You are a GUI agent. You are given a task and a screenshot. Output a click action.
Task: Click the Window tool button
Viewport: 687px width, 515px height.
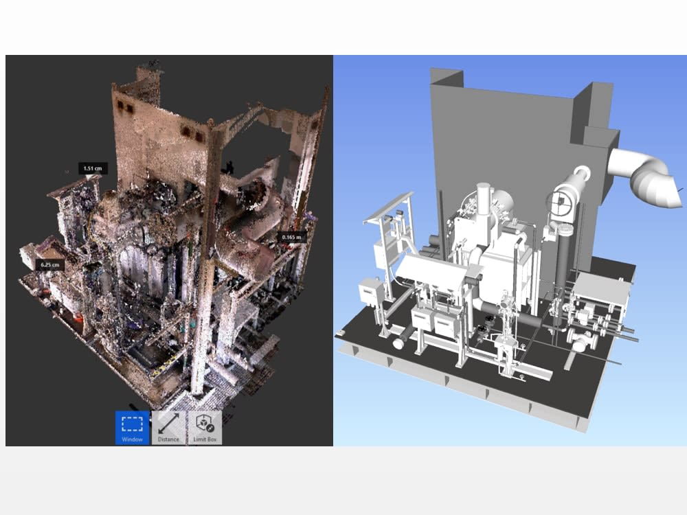(x=132, y=427)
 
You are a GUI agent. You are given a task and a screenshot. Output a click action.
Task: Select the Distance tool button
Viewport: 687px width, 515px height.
(x=168, y=427)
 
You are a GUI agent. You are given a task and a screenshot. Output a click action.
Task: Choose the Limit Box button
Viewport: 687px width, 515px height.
(x=205, y=427)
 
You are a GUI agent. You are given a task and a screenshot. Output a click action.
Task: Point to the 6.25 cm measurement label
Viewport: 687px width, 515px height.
(x=51, y=264)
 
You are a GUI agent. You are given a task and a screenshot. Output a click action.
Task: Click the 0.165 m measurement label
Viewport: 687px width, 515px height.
(x=289, y=238)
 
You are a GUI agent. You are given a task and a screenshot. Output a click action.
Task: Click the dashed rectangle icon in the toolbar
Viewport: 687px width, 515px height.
(x=132, y=422)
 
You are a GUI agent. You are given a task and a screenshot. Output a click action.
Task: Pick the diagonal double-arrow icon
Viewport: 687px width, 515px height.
(x=168, y=422)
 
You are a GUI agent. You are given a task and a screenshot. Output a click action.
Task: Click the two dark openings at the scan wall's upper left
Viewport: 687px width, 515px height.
(x=125, y=106)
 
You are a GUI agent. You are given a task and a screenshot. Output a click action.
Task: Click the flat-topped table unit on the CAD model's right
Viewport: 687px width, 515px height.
(x=602, y=288)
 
